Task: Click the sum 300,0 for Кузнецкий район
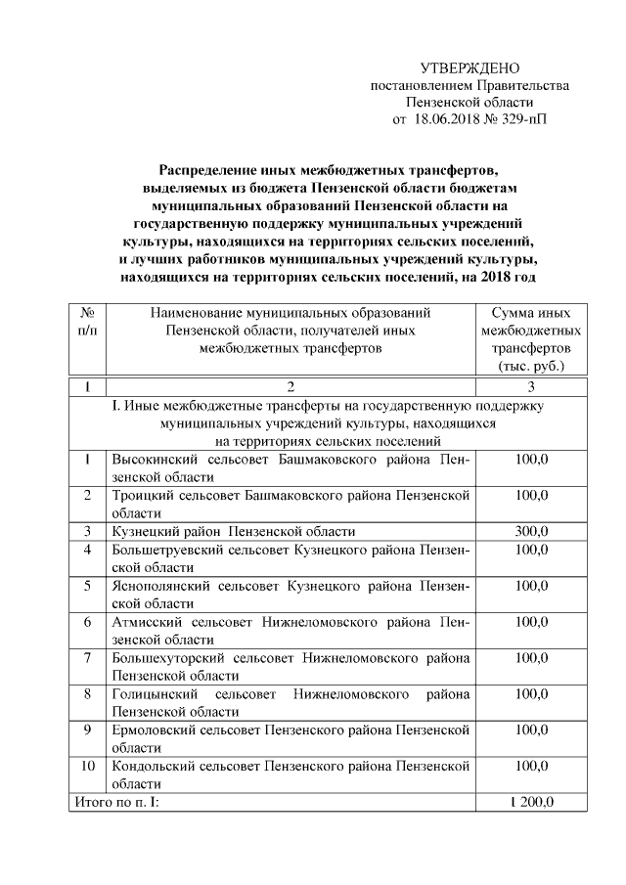pyautogui.click(x=531, y=531)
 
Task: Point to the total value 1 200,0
pyautogui.click(x=531, y=803)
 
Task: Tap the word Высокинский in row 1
pyautogui.click(x=151, y=459)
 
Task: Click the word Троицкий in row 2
pyautogui.click(x=143, y=495)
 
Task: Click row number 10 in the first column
pyautogui.click(x=88, y=767)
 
